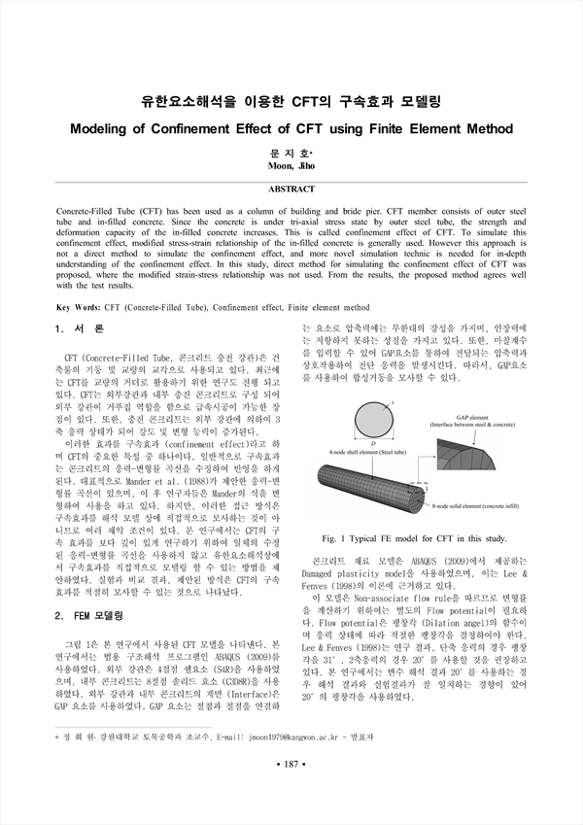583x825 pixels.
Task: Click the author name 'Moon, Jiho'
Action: [x=291, y=165]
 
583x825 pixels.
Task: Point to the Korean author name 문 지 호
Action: [x=291, y=152]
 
